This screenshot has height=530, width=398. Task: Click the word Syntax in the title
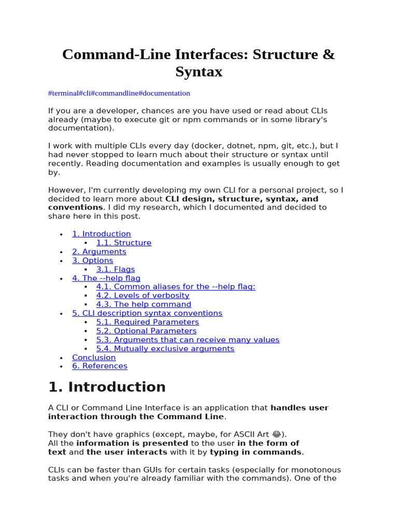coord(198,71)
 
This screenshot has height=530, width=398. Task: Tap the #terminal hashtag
coord(64,93)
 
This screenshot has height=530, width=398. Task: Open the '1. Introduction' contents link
coord(101,234)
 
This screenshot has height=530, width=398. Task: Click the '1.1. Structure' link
coord(123,243)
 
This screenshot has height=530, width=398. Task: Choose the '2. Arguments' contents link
coord(99,252)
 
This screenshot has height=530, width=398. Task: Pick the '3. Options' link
coord(92,260)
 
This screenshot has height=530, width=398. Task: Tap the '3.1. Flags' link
coord(115,269)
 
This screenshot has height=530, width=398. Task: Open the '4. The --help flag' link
coord(106,278)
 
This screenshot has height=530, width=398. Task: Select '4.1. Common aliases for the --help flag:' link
coord(176,287)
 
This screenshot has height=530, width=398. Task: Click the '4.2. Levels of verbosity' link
coord(143,296)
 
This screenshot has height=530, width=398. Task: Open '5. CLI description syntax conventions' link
coord(147,313)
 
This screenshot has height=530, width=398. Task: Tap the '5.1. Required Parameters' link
coord(147,322)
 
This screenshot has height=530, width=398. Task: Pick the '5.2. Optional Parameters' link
coord(146,331)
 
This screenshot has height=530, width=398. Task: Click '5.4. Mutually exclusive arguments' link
coord(165,348)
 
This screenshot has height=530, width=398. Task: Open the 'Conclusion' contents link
coord(94,357)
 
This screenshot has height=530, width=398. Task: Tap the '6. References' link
coord(99,366)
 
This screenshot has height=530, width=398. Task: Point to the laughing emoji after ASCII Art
coord(277,434)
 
